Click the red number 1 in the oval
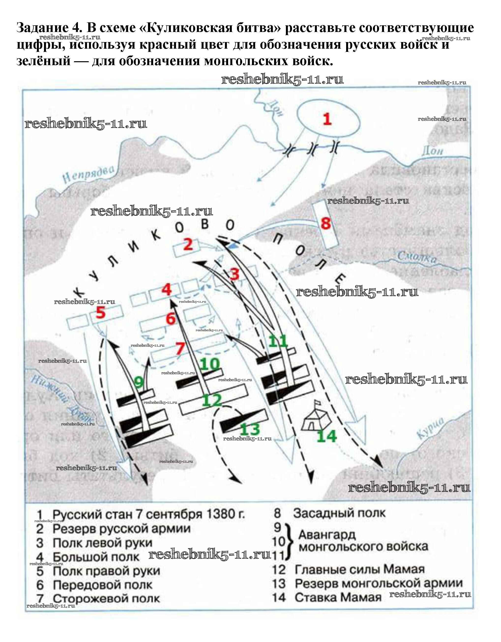pyautogui.click(x=327, y=120)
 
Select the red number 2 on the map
pyautogui.click(x=188, y=244)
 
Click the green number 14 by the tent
pyautogui.click(x=326, y=436)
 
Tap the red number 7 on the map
pyautogui.click(x=180, y=349)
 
